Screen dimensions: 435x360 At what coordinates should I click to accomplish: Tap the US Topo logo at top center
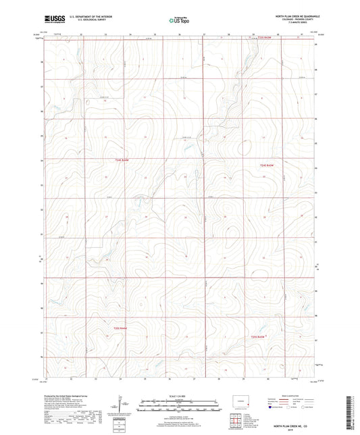(x=179, y=20)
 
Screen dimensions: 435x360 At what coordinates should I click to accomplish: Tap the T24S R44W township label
(x=118, y=160)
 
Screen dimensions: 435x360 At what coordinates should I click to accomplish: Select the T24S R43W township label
(x=267, y=165)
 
